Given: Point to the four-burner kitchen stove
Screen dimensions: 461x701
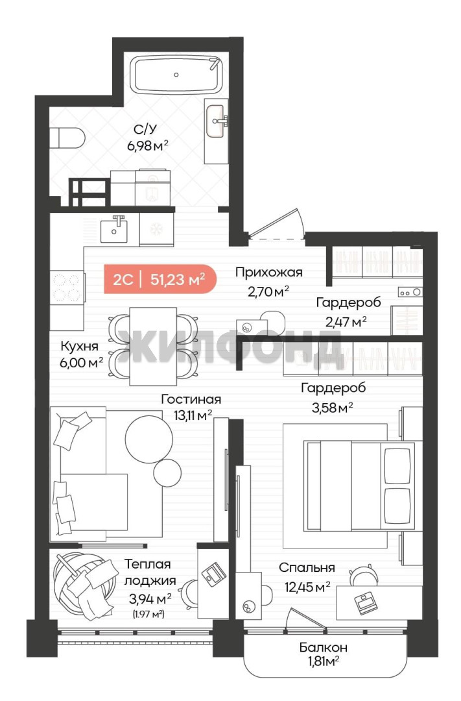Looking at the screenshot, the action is pyautogui.click(x=67, y=288).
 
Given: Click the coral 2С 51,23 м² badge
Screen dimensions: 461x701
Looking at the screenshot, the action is pyautogui.click(x=160, y=280).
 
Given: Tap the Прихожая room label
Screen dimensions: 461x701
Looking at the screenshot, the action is pyautogui.click(x=269, y=272).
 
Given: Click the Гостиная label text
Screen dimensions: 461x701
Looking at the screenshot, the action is pyautogui.click(x=191, y=399).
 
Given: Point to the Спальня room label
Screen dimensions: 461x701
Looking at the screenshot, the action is pyautogui.click(x=307, y=568).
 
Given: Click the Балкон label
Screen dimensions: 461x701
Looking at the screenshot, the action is pyautogui.click(x=324, y=647).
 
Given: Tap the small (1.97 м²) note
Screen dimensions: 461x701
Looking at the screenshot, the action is pyautogui.click(x=148, y=614).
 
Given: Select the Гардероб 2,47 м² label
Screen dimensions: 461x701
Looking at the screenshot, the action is pyautogui.click(x=348, y=312).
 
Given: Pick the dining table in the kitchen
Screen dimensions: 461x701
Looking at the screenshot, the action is pyautogui.click(x=153, y=346).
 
